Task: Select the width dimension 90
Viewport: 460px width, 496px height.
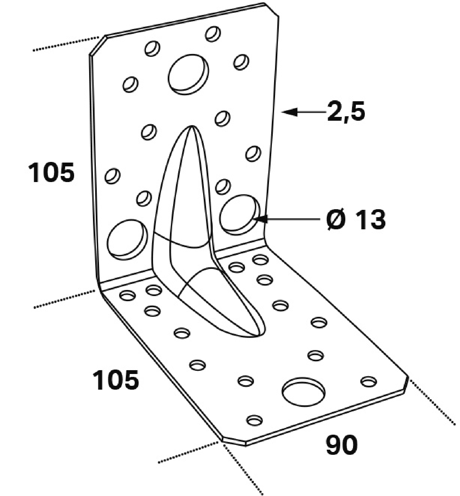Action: [341, 445]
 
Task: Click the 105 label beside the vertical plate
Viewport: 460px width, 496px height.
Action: [51, 172]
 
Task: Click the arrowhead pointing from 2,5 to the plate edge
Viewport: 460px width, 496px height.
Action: [289, 112]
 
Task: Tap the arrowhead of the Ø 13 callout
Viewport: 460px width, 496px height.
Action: [260, 219]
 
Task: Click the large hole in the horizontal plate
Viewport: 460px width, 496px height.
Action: [304, 392]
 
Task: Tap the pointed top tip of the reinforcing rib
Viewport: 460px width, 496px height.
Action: [192, 126]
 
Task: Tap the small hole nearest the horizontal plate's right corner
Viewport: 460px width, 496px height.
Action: [368, 381]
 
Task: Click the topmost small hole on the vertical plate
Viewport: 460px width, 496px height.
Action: [213, 34]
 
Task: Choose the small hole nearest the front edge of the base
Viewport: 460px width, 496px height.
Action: [255, 420]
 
